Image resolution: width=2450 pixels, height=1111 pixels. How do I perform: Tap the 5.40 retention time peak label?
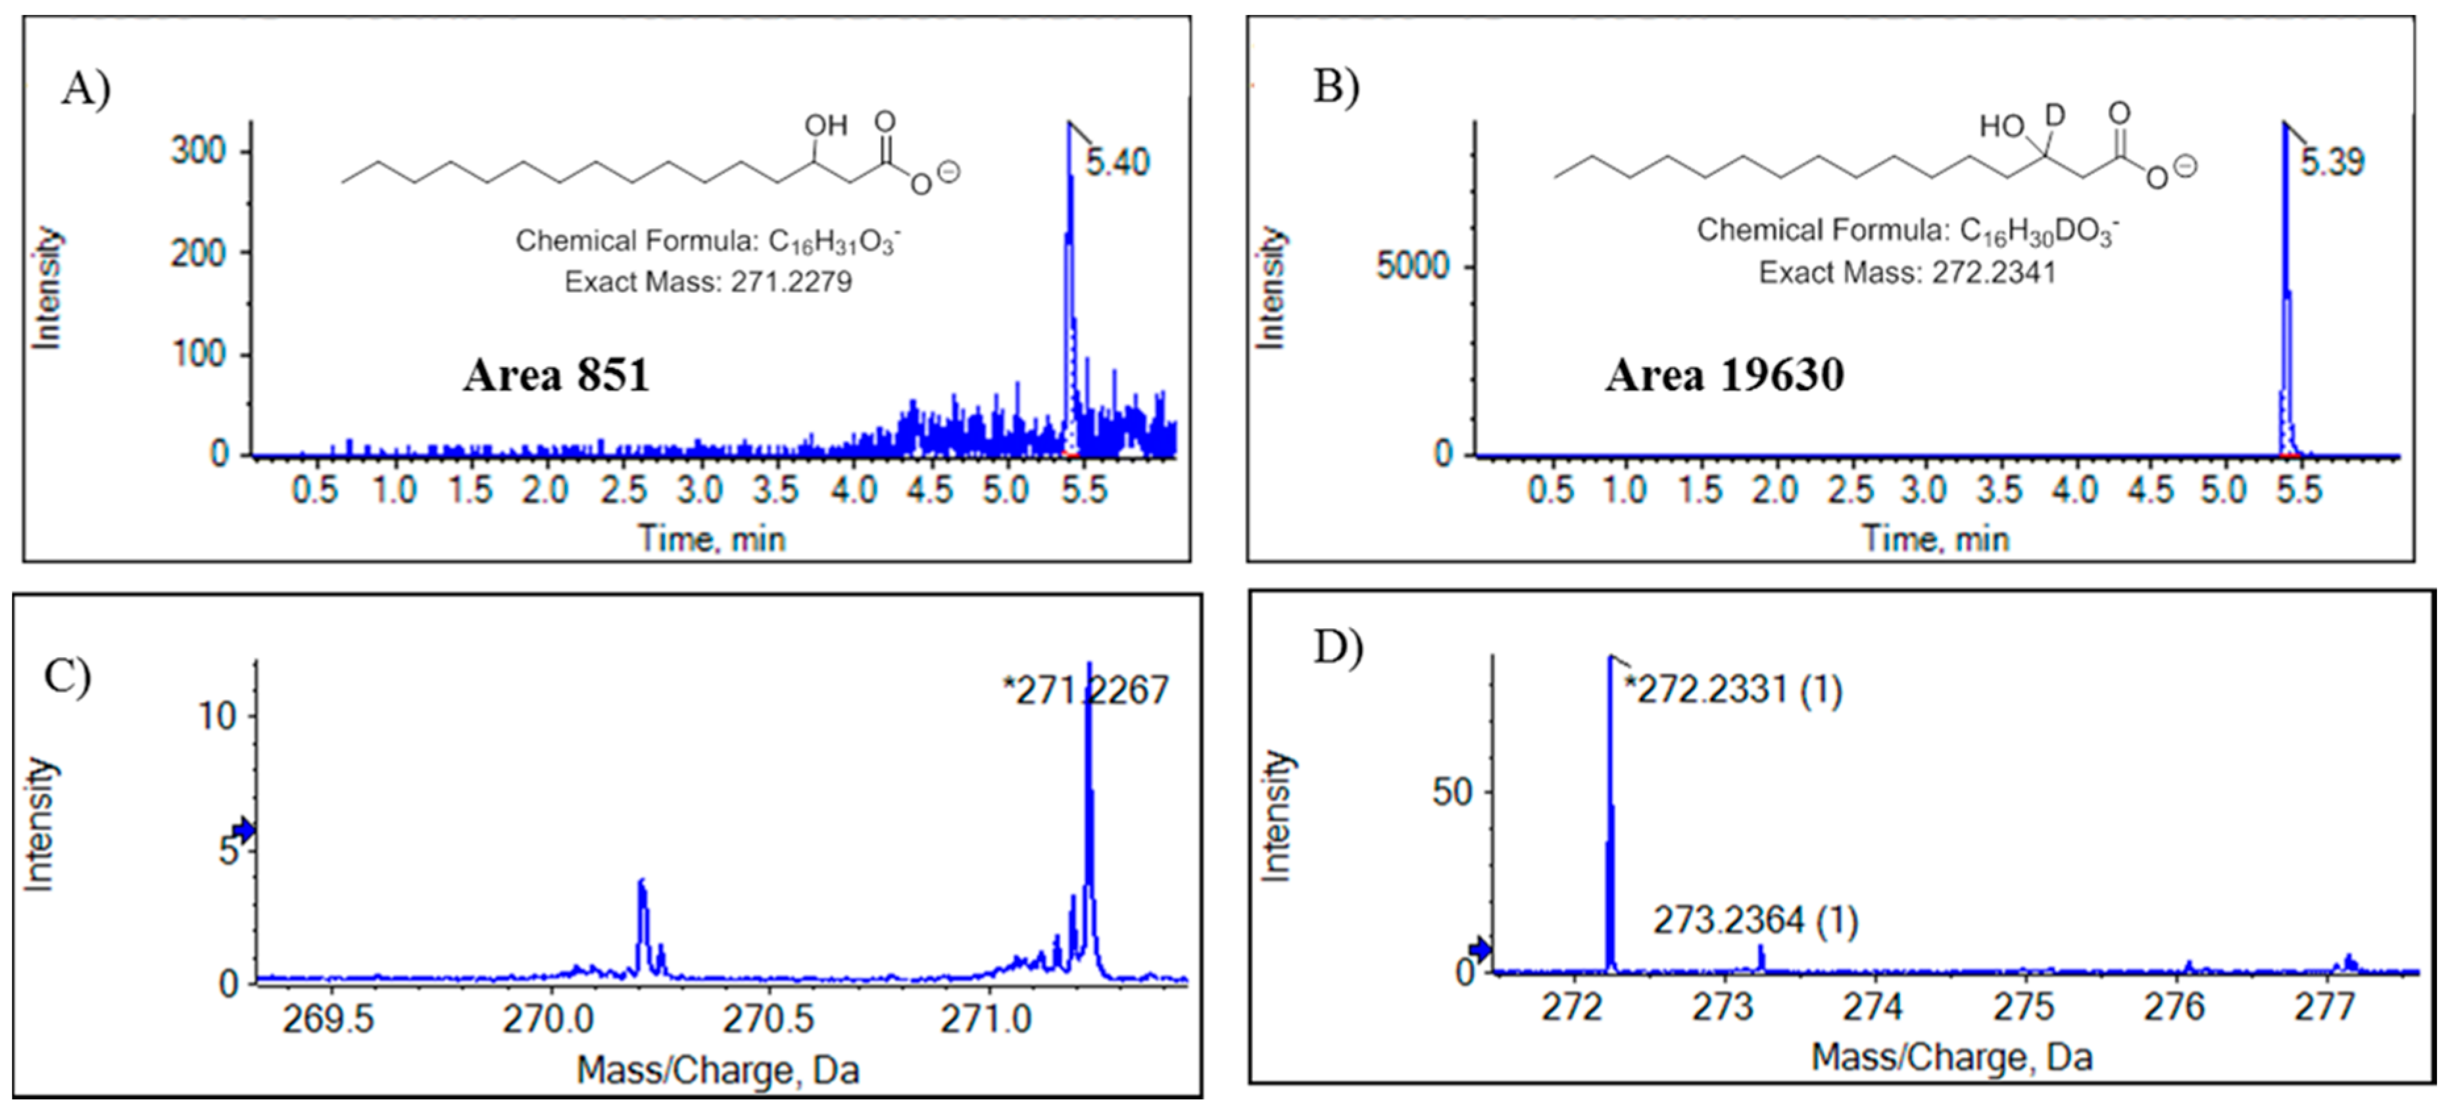click(1117, 162)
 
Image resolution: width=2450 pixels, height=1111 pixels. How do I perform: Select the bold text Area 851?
click(556, 376)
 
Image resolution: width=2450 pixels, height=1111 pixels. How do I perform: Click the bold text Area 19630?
click(1725, 375)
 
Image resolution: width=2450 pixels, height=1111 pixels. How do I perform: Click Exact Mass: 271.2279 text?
click(708, 282)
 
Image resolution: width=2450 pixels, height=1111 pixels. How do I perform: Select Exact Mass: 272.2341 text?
click(1907, 273)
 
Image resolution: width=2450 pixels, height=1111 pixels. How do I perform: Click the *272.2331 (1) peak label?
click(1733, 689)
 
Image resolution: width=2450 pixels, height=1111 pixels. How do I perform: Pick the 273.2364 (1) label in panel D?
click(1755, 921)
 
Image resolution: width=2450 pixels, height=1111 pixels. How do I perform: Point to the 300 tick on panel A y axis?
click(200, 151)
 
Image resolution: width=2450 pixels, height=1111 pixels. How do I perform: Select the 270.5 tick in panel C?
click(768, 1020)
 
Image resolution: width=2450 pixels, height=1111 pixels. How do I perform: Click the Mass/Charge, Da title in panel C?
click(718, 1071)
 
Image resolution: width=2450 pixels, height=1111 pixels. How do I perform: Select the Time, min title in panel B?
click(1936, 539)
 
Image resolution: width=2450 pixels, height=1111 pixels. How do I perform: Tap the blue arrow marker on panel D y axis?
click(1480, 949)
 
